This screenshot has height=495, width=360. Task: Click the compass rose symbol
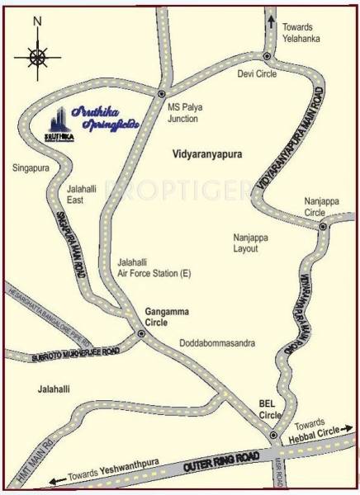click(36, 56)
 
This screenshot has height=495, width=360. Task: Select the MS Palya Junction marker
click(162, 95)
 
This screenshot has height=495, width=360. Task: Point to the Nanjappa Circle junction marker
click(323, 225)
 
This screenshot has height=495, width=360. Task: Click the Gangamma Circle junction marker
click(141, 334)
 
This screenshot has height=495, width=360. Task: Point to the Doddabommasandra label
click(216, 341)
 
